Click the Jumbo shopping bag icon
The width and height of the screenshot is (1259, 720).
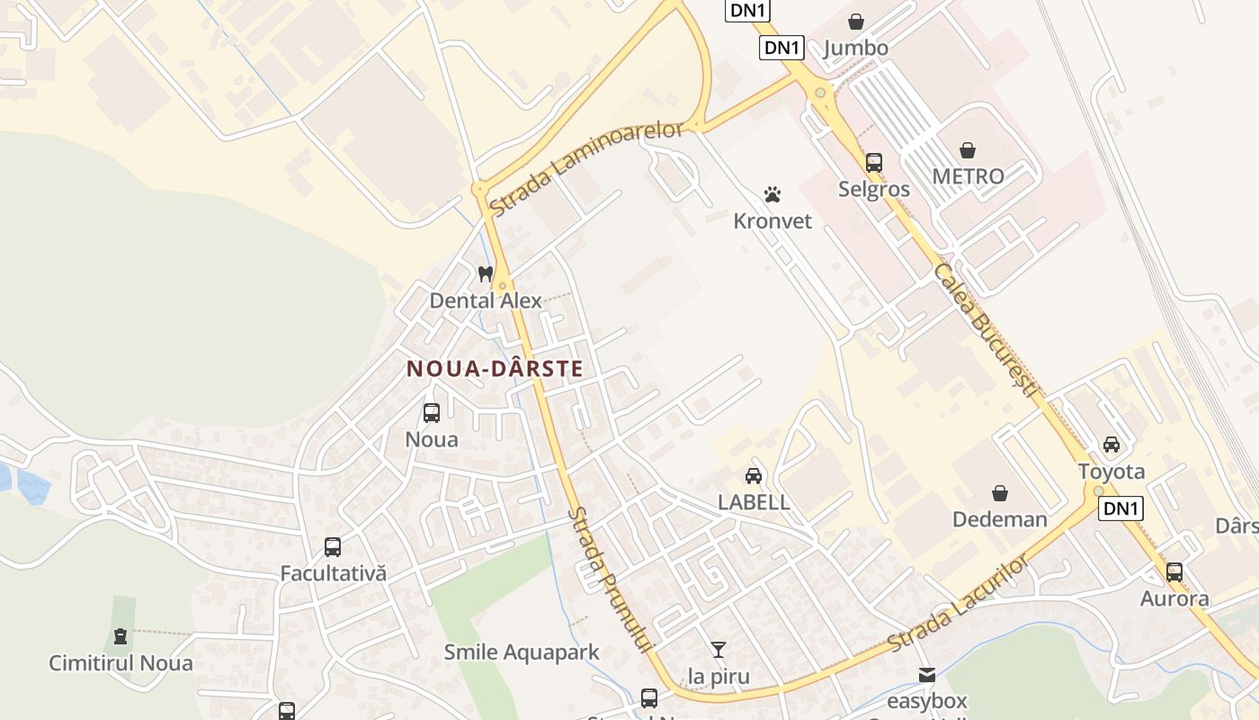(x=856, y=22)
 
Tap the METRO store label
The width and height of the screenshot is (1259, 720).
(x=968, y=175)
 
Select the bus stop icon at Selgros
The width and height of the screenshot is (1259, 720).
(x=874, y=163)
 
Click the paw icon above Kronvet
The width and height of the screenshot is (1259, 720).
(x=772, y=194)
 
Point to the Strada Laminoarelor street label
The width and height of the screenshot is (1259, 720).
(x=585, y=168)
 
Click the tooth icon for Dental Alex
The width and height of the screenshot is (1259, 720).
(x=486, y=274)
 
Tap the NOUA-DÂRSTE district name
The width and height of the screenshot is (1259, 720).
(x=495, y=369)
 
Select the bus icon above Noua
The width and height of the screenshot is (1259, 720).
(x=432, y=413)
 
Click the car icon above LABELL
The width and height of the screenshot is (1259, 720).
(x=754, y=476)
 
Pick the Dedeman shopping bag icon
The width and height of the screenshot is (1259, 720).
(x=999, y=493)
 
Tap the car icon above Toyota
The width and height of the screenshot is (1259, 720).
(x=1112, y=445)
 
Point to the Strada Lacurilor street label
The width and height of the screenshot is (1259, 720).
(x=958, y=604)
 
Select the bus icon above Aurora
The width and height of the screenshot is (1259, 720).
(x=1174, y=572)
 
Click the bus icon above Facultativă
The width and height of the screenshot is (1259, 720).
(x=333, y=547)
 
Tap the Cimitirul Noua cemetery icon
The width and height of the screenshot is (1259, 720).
(x=121, y=636)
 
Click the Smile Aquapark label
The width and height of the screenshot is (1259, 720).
(x=522, y=652)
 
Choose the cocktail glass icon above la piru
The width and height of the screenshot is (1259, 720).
(x=718, y=649)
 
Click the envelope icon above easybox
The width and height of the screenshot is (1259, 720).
(x=927, y=674)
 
